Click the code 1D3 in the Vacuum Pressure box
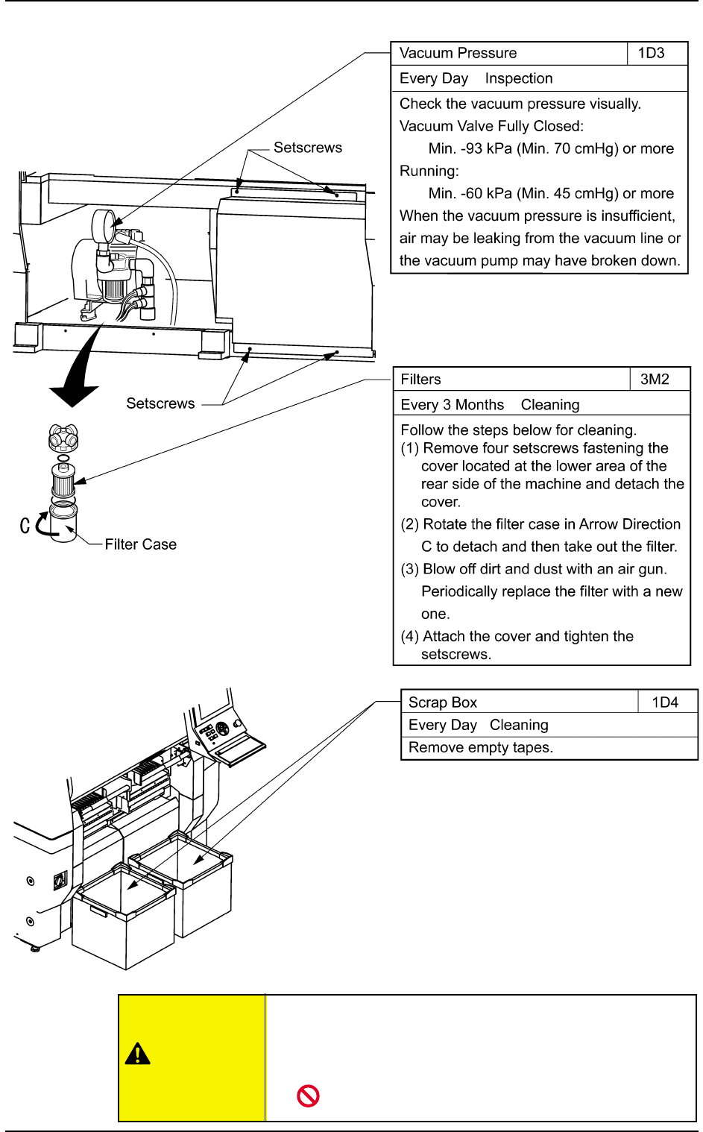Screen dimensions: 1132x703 click(x=651, y=53)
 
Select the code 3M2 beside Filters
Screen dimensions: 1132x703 click(x=655, y=380)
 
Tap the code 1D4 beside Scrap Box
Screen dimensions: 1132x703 click(x=665, y=702)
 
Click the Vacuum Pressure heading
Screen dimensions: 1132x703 click(x=458, y=53)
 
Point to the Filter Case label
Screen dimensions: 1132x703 click(x=140, y=544)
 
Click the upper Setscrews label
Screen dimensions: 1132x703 click(x=307, y=148)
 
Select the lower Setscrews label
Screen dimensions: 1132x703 click(x=160, y=403)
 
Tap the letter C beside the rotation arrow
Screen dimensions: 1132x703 click(x=25, y=525)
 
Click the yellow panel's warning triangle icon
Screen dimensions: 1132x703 click(x=138, y=1054)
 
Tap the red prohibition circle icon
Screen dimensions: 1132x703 click(x=308, y=1095)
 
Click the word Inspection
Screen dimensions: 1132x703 click(x=518, y=78)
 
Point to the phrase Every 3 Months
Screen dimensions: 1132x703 click(x=452, y=405)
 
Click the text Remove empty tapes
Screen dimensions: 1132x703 click(x=480, y=747)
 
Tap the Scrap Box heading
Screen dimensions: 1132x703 click(x=442, y=702)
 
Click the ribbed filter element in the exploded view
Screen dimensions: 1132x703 click(x=63, y=480)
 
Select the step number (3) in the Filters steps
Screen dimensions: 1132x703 click(x=409, y=569)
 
